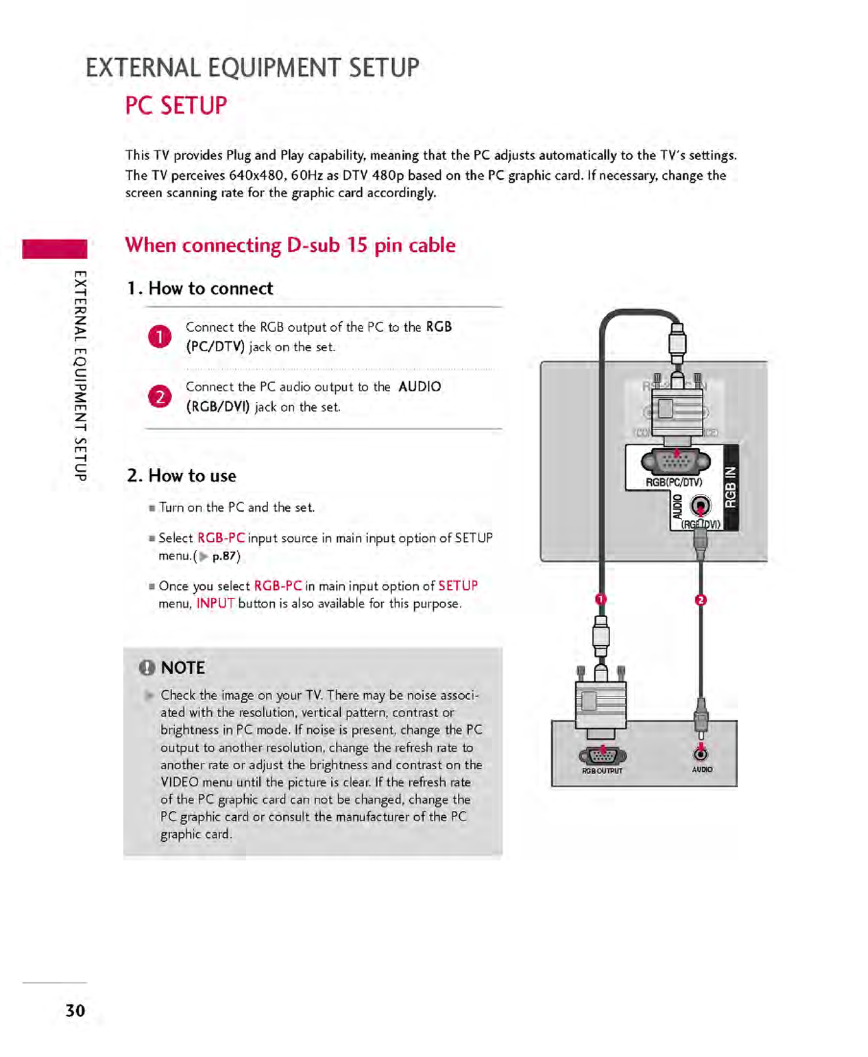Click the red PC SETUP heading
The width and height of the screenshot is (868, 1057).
(x=176, y=106)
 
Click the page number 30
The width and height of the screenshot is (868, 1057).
(x=75, y=1010)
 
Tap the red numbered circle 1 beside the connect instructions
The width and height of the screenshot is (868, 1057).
(x=159, y=337)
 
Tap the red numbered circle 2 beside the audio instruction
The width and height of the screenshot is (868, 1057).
(x=159, y=397)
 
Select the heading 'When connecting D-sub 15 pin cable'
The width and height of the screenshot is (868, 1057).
(x=290, y=245)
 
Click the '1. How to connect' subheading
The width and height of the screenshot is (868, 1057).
(x=200, y=289)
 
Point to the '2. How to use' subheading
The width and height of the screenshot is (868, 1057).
(x=181, y=476)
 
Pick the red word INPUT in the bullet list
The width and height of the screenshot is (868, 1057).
(x=215, y=604)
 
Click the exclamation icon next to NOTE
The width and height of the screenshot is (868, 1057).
(x=147, y=668)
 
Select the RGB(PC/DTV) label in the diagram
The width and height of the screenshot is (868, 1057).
(x=673, y=482)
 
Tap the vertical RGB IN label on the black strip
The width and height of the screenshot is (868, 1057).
(x=731, y=487)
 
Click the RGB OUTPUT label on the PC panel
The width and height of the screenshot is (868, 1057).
(x=602, y=771)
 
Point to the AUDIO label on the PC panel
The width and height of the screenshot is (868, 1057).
(x=702, y=770)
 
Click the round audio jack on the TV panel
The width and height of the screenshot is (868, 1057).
(x=699, y=507)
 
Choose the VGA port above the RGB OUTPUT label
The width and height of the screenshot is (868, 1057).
(x=603, y=755)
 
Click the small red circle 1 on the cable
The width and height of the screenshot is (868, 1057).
(x=600, y=599)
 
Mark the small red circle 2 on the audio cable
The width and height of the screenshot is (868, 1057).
(x=700, y=600)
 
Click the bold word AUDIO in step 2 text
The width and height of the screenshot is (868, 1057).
(x=419, y=387)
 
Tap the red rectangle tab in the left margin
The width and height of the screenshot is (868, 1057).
(x=55, y=249)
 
